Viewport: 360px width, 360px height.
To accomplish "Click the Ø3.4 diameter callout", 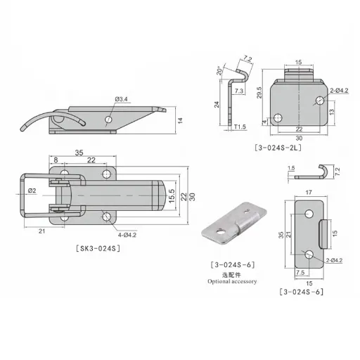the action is pyautogui.click(x=122, y=99).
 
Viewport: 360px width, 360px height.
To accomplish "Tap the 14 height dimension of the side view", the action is pyautogui.click(x=180, y=121).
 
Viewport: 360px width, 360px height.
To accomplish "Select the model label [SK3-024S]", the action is pyautogui.click(x=98, y=248).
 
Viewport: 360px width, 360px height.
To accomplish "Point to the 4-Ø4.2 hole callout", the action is pyautogui.click(x=127, y=235).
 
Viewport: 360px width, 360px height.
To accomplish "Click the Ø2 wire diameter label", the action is pyautogui.click(x=32, y=191).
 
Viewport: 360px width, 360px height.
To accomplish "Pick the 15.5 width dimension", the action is pyautogui.click(x=172, y=196).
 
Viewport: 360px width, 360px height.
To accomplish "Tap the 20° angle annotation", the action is pyautogui.click(x=219, y=71).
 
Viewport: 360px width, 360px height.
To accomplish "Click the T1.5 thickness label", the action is pyautogui.click(x=240, y=127).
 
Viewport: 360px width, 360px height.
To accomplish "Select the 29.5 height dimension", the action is pyautogui.click(x=259, y=93).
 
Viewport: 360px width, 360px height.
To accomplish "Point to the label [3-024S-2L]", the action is pyautogui.click(x=278, y=148).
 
